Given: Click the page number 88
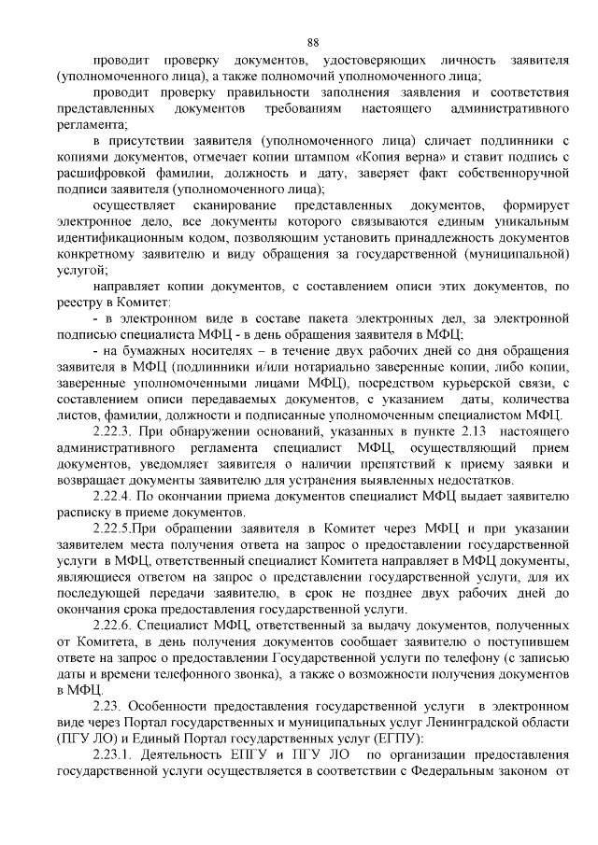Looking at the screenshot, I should coord(313,42).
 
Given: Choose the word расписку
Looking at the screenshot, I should coord(82,513).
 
